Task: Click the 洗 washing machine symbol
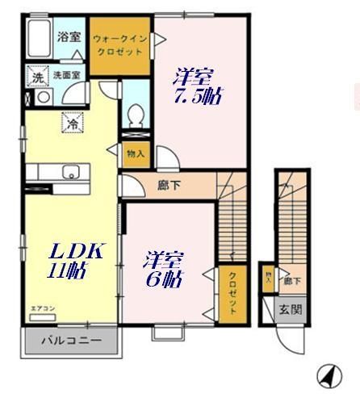click(36, 78)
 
